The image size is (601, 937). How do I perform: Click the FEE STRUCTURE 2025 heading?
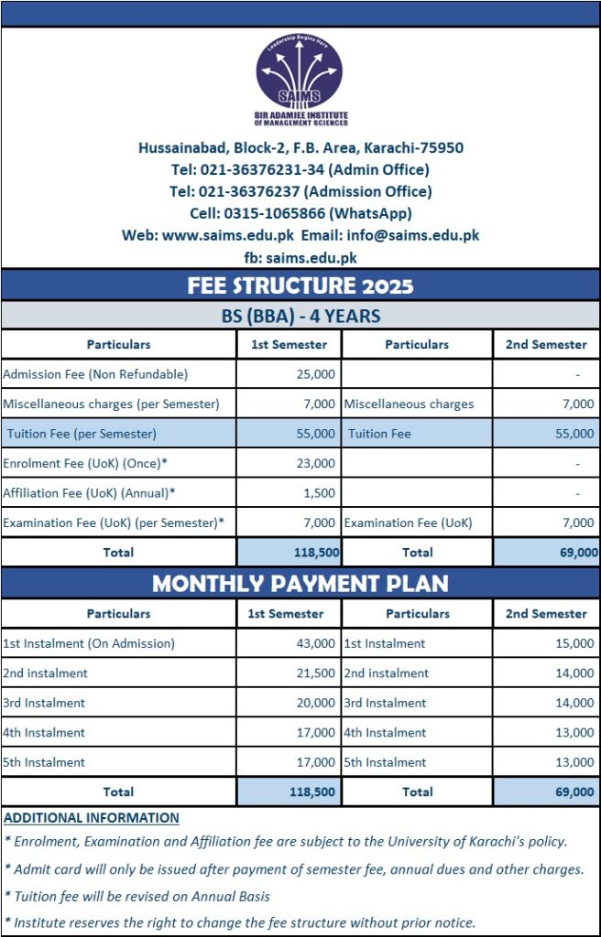point(300,285)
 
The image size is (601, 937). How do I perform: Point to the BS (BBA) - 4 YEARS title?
point(300,317)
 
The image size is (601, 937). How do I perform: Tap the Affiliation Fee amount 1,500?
point(322,493)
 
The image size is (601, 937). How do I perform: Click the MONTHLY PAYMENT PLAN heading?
point(300,584)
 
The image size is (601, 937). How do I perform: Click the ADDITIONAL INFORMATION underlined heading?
point(92,818)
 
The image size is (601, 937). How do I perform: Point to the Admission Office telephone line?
point(300,191)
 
